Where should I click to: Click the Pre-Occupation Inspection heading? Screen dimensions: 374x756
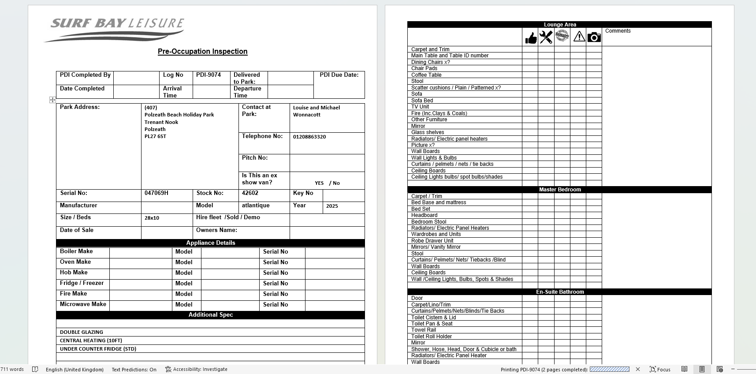point(202,51)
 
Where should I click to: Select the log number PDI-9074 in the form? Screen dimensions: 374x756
point(209,75)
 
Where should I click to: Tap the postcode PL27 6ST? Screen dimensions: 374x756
point(155,136)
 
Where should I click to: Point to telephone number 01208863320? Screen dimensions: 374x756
point(309,137)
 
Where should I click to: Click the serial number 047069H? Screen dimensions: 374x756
point(156,193)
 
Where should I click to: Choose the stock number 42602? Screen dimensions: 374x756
point(250,193)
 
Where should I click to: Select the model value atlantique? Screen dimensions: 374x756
point(256,206)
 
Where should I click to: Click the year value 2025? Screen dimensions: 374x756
point(332,206)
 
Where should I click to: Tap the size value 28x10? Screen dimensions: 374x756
point(152,218)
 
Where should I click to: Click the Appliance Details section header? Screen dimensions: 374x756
point(210,243)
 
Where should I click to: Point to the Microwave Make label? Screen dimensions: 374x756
point(83,304)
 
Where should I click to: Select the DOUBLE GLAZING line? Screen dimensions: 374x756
point(82,332)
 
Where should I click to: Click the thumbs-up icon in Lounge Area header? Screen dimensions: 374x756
point(531,38)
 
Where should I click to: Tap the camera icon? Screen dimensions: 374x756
point(594,37)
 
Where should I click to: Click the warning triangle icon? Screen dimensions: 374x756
point(579,37)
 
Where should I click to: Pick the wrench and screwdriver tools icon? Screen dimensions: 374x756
point(546,37)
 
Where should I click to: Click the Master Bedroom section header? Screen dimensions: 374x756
point(559,190)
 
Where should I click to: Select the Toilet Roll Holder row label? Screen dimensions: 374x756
point(432,337)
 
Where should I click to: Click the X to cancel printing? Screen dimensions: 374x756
point(637,369)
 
